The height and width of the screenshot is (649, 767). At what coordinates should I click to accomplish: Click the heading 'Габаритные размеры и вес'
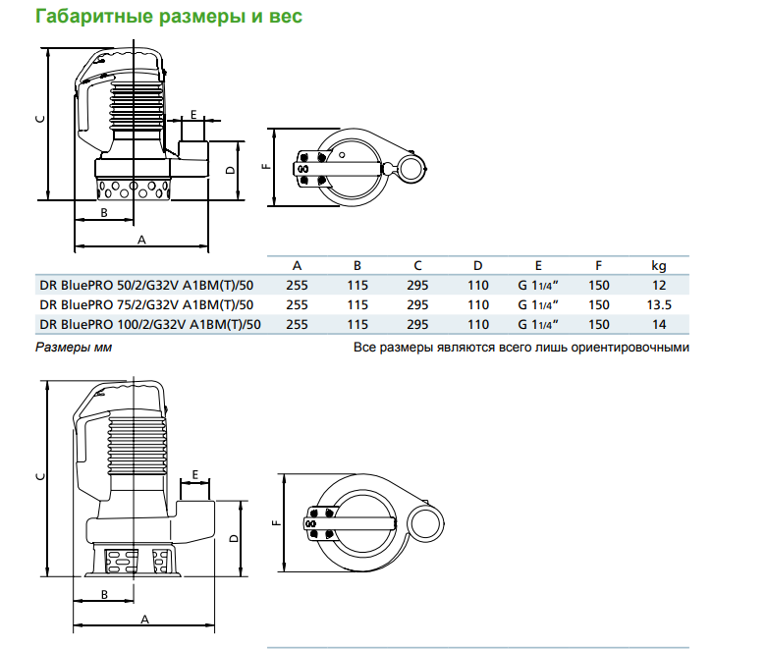(x=168, y=17)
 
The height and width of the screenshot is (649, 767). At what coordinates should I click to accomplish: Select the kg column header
(x=659, y=266)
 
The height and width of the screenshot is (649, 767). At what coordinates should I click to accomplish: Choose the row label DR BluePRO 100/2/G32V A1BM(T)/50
(x=150, y=325)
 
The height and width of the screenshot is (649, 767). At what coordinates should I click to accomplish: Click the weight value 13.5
(x=659, y=305)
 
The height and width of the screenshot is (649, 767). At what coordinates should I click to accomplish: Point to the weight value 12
(x=659, y=286)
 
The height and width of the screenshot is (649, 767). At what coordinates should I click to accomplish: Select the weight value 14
(x=659, y=325)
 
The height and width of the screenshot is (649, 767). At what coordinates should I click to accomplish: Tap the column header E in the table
(x=538, y=266)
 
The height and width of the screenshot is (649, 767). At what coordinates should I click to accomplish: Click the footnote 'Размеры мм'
(x=75, y=348)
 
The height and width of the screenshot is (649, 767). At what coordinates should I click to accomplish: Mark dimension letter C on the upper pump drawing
(x=38, y=118)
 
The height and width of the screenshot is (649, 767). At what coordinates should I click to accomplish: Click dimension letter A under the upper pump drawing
(x=140, y=240)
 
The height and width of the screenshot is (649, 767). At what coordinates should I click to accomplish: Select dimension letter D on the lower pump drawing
(x=232, y=539)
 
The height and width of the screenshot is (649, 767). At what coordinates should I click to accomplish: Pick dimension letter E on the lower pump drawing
(x=196, y=475)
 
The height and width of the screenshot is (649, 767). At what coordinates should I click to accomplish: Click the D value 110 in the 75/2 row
(x=478, y=305)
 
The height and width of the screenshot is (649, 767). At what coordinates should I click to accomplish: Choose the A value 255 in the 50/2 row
(x=297, y=286)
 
